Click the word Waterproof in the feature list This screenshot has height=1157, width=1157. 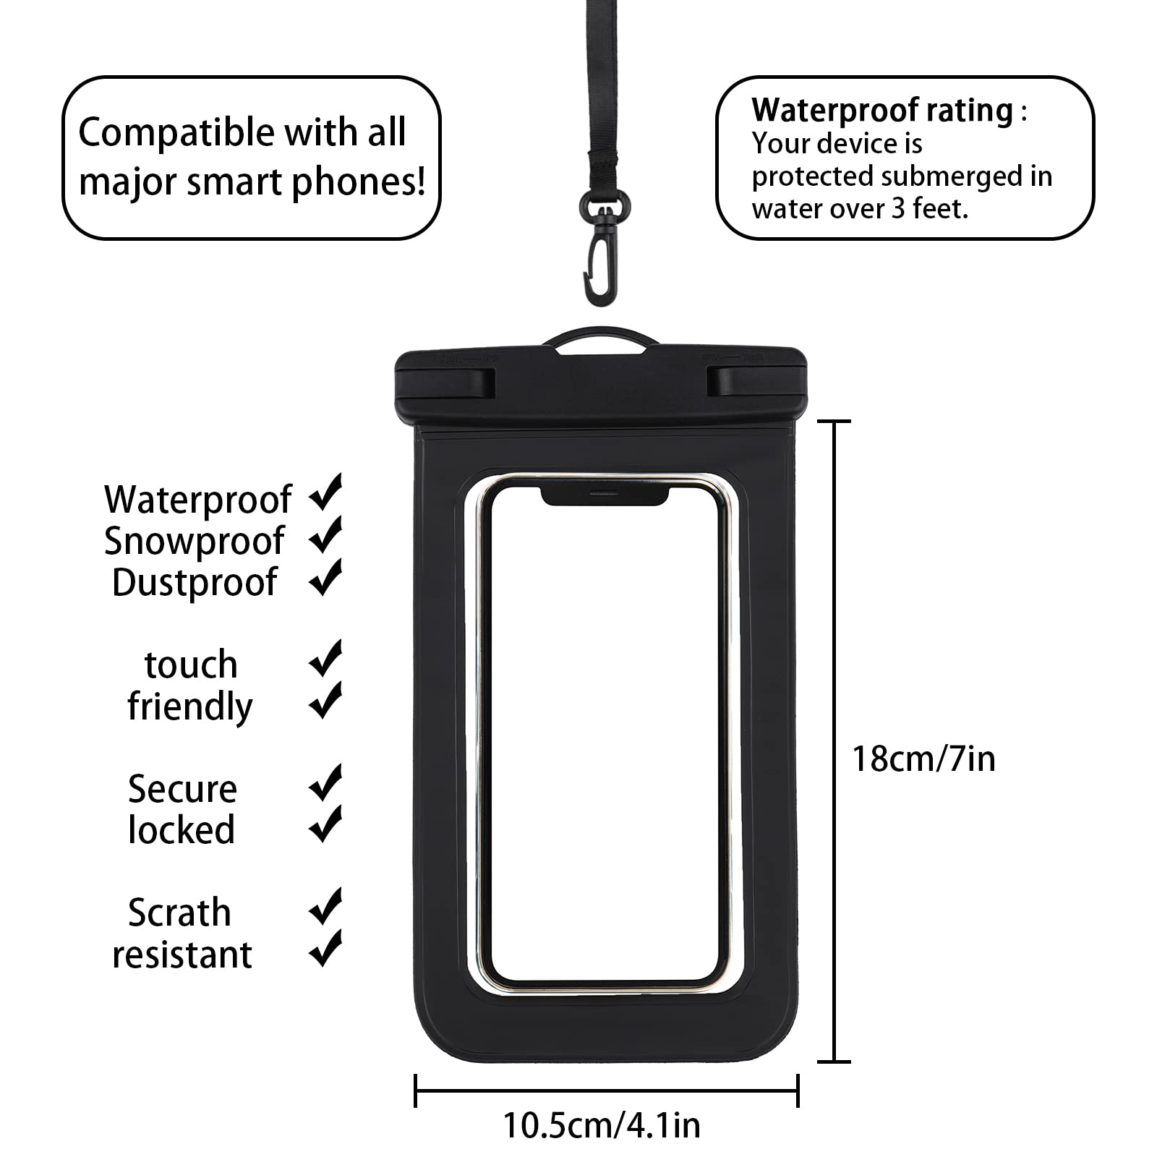pos(197,500)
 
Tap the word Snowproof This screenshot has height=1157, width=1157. pos(194,541)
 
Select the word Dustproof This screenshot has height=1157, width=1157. pos(195,582)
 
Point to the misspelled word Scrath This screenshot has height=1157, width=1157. pos(179,913)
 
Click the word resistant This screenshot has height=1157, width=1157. pos(182,955)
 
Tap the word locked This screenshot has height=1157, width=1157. pos(182,829)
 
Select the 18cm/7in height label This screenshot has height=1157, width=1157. pos(923,759)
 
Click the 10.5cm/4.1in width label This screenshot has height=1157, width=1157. pos(602,1125)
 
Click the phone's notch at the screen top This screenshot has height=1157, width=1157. pos(603,495)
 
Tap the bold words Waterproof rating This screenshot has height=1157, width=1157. pos(882,111)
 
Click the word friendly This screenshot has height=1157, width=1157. pos(190,706)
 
